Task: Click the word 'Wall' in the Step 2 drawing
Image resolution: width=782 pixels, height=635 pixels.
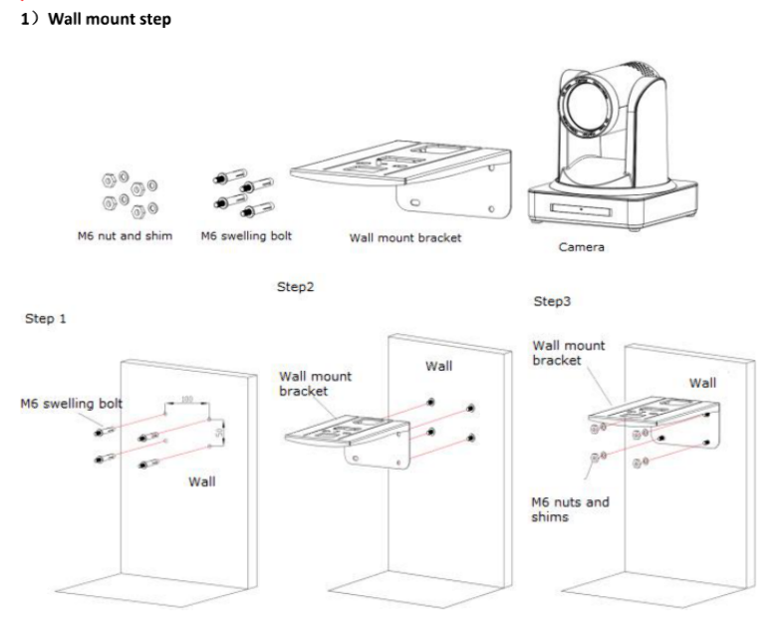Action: coord(438,366)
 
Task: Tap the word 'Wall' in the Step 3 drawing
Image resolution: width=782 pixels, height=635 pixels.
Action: coord(702,383)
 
